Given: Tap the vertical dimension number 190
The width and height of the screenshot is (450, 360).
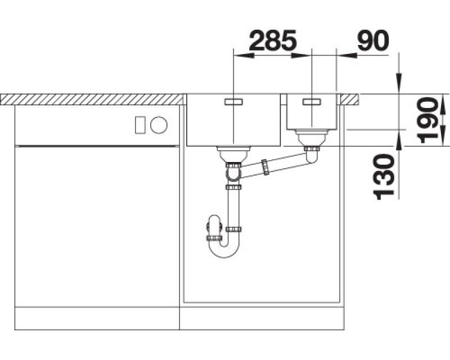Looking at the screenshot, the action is (429, 120).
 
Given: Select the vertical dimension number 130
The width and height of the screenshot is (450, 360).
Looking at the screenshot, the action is (384, 177).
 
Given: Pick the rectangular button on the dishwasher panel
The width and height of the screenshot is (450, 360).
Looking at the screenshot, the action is (140, 125).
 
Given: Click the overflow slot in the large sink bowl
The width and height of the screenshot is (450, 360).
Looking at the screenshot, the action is (233, 102).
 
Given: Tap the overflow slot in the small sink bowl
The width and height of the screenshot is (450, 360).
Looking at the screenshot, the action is (312, 102).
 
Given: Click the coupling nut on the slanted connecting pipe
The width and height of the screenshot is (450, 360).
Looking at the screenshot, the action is (265, 167).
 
